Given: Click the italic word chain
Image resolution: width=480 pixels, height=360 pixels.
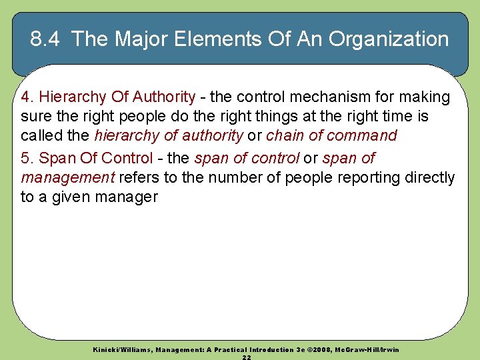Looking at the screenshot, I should [285, 136].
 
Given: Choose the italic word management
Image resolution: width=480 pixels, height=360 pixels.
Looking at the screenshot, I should [68, 178].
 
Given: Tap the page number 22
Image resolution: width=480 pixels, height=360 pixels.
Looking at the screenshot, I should [247, 357].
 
